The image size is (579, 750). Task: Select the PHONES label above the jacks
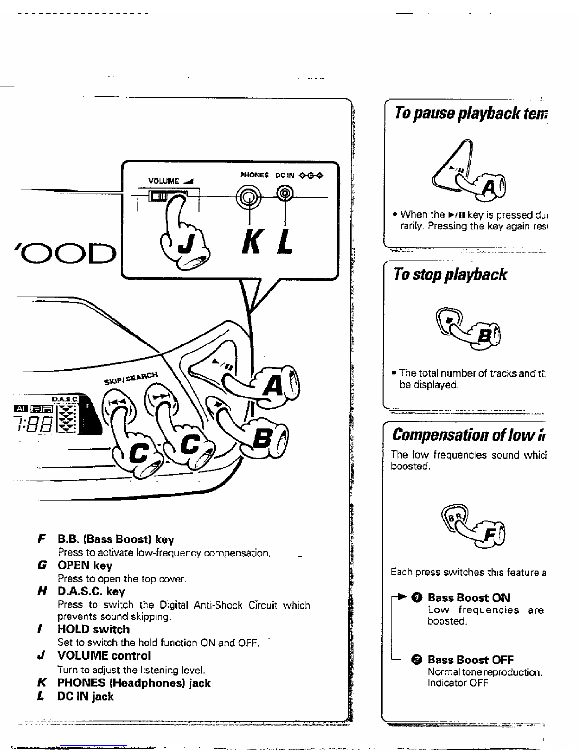pyautogui.click(x=254, y=175)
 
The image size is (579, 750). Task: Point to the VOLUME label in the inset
pyautogui.click(x=164, y=181)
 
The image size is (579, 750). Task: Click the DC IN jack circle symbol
pyautogui.click(x=284, y=193)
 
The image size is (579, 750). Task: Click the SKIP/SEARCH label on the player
pyautogui.click(x=131, y=378)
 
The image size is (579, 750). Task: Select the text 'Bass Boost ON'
pyautogui.click(x=468, y=598)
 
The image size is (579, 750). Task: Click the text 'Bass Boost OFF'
pyautogui.click(x=470, y=660)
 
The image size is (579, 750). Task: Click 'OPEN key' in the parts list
pyautogui.click(x=85, y=565)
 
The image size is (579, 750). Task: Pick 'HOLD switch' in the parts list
pyautogui.click(x=93, y=629)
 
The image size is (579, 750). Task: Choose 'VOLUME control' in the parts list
pyautogui.click(x=104, y=655)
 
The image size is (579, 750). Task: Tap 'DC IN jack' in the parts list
pyautogui.click(x=85, y=697)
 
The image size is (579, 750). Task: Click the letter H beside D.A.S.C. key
pyautogui.click(x=42, y=591)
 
